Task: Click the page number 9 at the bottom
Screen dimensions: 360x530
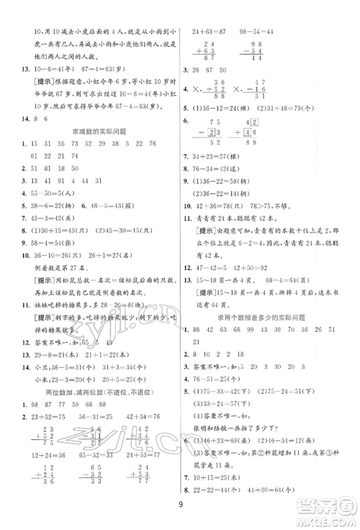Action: pos(180,494)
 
